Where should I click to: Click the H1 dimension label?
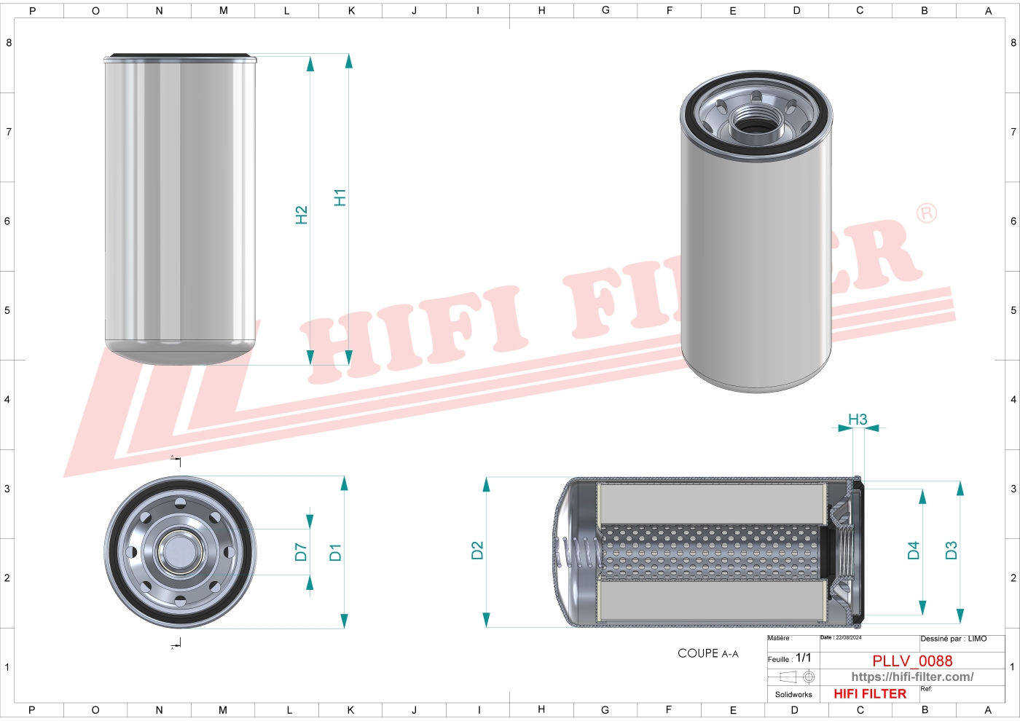[x=340, y=197]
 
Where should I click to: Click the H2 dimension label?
[x=302, y=215]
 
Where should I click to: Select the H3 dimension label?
[x=858, y=419]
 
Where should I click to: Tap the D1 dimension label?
[x=335, y=552]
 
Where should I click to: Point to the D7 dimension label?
[x=301, y=552]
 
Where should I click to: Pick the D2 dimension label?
[x=477, y=551]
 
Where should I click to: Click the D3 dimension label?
[x=951, y=551]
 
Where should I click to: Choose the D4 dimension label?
[x=914, y=551]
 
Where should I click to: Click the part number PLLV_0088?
[x=912, y=661]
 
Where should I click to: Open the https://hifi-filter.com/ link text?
[x=912, y=677]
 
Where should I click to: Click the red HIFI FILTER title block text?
[x=870, y=694]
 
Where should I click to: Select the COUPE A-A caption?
[x=707, y=653]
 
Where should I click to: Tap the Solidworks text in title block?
[x=793, y=695]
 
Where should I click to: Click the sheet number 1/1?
[x=803, y=658]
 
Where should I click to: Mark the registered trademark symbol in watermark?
[x=926, y=213]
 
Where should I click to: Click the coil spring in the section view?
[x=582, y=552]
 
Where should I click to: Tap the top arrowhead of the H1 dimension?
[x=348, y=61]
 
